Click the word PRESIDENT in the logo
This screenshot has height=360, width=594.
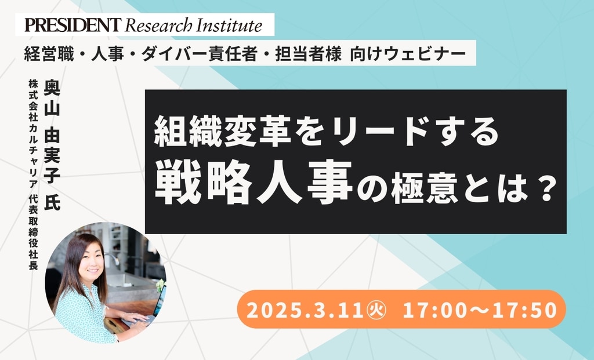tap(73, 25)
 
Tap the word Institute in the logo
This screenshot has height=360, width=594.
tap(229, 25)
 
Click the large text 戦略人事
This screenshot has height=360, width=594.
tap(253, 182)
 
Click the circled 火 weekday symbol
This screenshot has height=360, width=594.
tap(376, 310)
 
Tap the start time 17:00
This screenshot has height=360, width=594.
tap(434, 310)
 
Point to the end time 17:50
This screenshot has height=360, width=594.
tap(525, 310)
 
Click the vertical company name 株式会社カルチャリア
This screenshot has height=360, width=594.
tap(33, 134)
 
